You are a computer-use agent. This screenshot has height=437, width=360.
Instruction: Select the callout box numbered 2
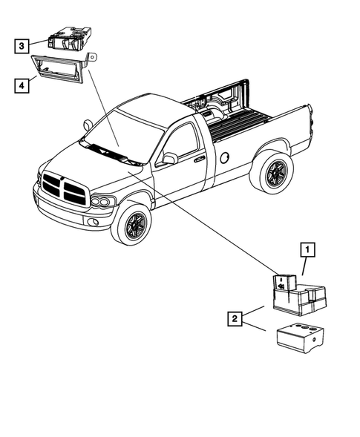(x=235, y=319)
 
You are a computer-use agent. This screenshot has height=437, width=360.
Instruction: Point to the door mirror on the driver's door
(x=170, y=158)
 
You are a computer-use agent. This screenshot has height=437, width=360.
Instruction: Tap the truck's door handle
(x=199, y=158)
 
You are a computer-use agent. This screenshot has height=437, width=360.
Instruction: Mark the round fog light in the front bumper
(x=91, y=222)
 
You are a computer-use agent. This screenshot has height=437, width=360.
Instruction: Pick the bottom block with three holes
(x=299, y=337)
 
